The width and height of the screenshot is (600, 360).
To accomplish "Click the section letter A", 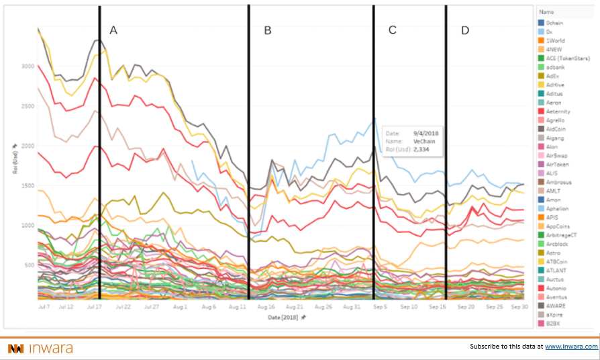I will tap(113, 30).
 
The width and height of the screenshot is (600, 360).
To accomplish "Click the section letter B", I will tap(267, 30).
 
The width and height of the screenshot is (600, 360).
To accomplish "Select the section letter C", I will tap(393, 30).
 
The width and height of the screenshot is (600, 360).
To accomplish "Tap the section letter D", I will tap(465, 30).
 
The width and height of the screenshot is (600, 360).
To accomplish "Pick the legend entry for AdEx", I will tap(553, 77).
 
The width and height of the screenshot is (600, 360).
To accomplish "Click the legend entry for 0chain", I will tap(555, 24).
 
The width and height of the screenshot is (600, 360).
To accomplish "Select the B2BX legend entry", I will tap(554, 323).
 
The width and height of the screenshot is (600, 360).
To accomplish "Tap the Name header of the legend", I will tap(547, 12).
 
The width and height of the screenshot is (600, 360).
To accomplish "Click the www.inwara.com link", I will tap(570, 347).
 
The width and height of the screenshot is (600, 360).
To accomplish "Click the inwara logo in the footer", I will tap(40, 348).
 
